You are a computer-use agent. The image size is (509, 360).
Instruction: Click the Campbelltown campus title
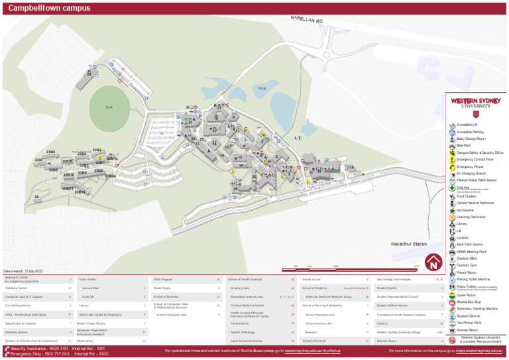[49, 9]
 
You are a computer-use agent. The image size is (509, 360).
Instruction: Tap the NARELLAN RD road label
[306, 22]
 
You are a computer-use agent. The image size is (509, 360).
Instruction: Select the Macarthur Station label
[409, 245]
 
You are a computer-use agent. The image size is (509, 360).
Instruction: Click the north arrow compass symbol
[433, 263]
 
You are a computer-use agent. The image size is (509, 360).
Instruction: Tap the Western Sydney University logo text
[476, 103]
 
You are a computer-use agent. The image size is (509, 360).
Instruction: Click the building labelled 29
[89, 74]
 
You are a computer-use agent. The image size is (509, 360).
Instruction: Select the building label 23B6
[50, 152]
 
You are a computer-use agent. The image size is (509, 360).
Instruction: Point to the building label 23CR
[67, 162]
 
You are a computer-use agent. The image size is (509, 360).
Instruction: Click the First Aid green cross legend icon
[452, 188]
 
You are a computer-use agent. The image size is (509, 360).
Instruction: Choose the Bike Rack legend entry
[464, 145]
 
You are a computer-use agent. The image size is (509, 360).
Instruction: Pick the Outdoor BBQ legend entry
[467, 259]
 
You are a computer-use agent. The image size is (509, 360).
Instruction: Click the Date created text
[23, 271]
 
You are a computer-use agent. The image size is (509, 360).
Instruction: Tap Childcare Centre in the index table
[17, 288]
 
